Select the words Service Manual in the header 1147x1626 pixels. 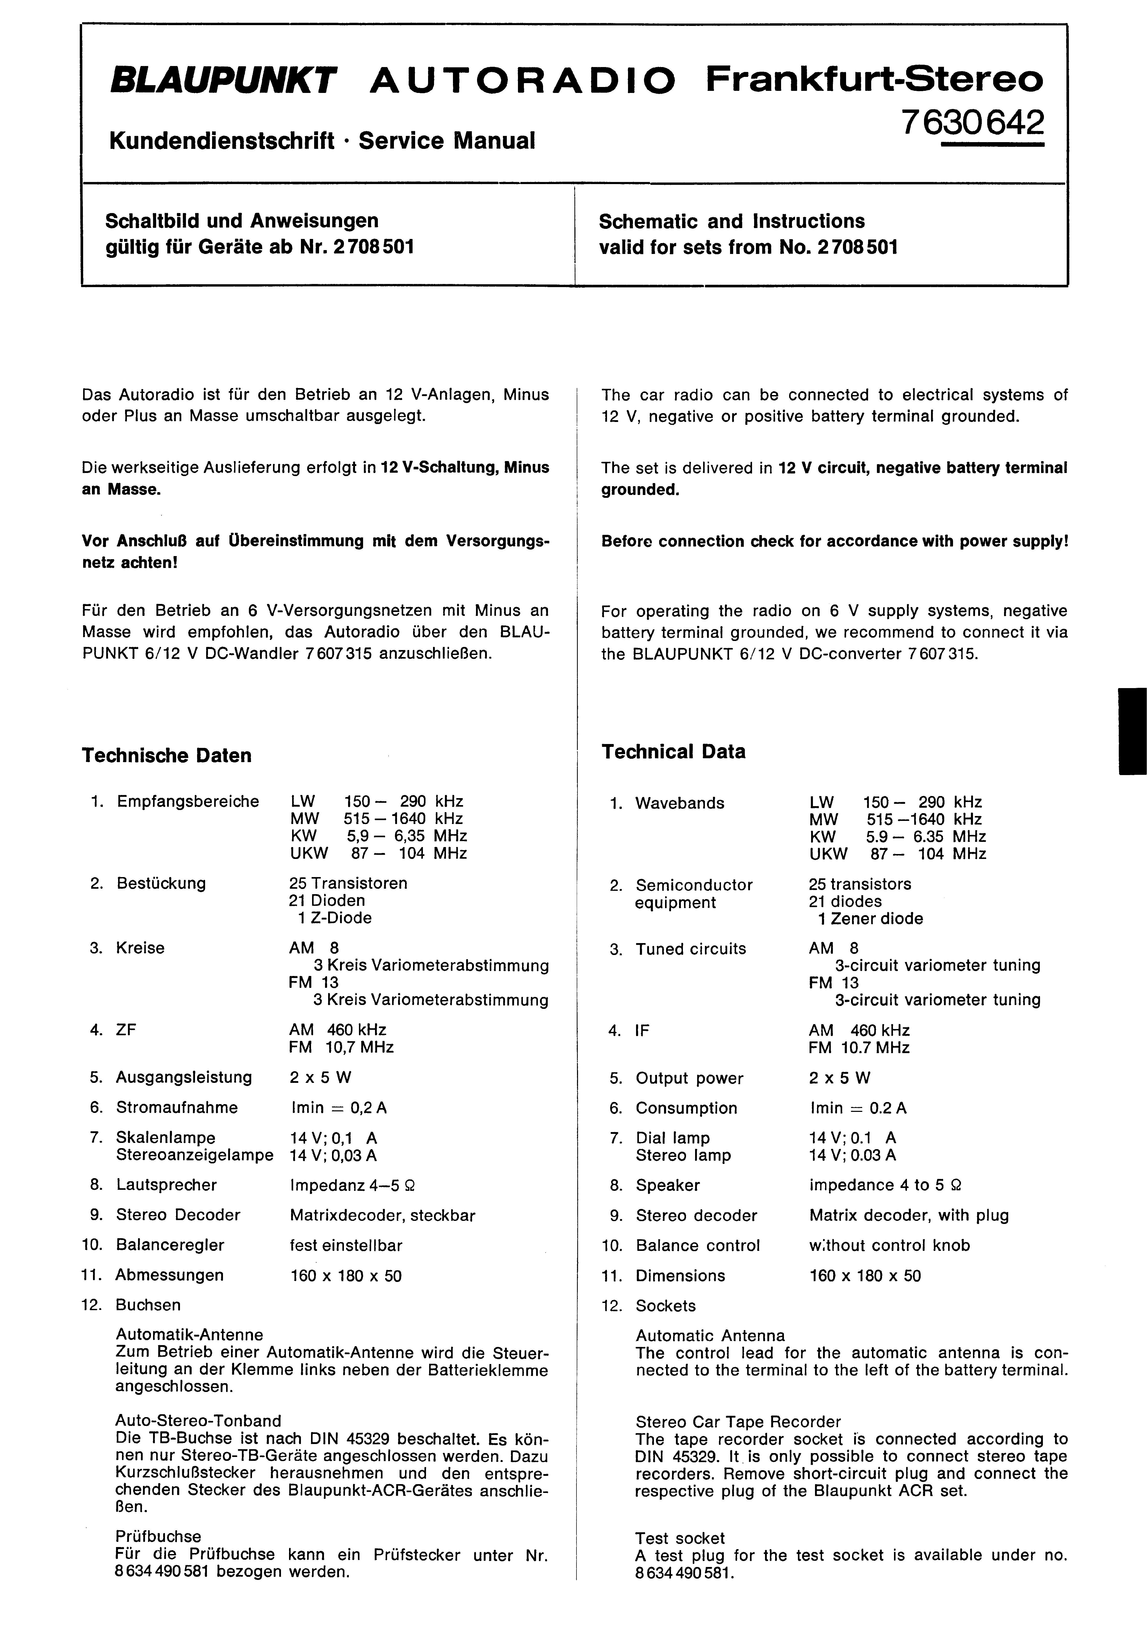446,140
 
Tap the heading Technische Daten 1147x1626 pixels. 167,756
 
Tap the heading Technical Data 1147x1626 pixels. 673,752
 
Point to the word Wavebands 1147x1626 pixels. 679,803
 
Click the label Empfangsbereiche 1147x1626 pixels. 188,802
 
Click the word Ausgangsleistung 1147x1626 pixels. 184,1077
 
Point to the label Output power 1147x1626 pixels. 689,1078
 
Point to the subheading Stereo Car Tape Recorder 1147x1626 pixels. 738,1421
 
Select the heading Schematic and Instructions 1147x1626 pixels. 731,222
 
